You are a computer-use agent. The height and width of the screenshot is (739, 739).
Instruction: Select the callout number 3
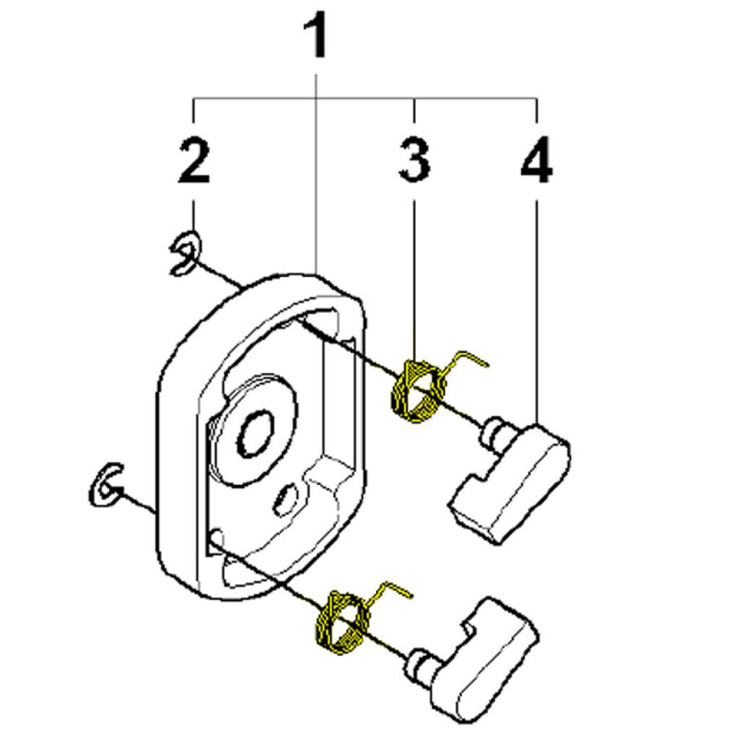414,161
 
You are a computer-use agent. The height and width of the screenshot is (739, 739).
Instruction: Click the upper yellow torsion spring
417,391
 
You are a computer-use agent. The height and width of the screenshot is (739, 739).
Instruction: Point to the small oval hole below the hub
287,499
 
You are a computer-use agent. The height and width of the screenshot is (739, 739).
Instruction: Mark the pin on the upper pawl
493,432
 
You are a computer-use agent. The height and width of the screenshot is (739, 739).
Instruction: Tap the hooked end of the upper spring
473,357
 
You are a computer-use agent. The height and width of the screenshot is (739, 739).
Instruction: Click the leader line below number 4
536,303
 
